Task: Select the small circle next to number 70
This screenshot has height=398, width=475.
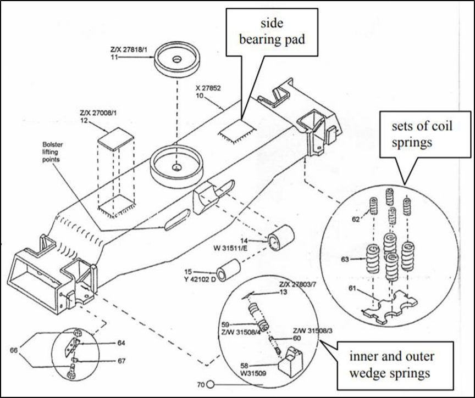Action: (x=210, y=384)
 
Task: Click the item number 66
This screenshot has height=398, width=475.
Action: (x=13, y=350)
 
